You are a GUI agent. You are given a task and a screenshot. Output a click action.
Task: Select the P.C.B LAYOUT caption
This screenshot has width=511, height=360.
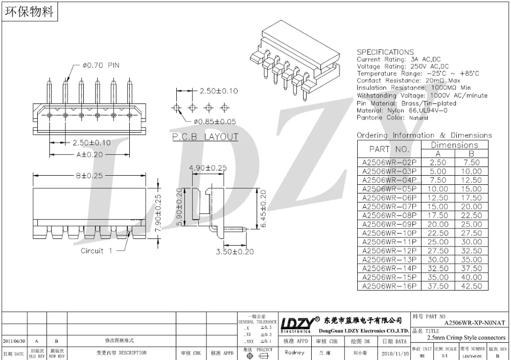click(204, 137)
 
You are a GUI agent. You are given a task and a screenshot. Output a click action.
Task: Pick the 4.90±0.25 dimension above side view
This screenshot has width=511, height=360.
click(208, 167)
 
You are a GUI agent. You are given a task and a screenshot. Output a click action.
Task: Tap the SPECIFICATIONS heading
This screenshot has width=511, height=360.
click(385, 52)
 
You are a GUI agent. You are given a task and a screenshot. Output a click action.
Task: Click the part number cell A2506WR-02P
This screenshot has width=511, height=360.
click(389, 162)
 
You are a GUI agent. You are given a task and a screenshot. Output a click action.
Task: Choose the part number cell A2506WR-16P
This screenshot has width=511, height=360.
click(389, 286)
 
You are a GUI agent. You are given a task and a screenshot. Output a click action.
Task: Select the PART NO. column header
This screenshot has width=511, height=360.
click(389, 149)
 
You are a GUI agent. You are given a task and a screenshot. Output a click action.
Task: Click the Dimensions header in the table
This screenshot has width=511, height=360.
click(454, 145)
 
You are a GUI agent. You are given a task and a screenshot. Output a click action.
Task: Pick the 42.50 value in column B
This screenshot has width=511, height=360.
click(471, 286)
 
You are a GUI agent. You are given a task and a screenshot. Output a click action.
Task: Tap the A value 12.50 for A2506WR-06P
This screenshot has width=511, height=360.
click(438, 198)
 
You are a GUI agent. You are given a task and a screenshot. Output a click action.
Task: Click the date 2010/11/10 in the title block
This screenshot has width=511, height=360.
click(394, 353)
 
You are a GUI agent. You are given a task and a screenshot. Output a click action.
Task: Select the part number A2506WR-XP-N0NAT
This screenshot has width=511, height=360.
click(474, 323)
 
